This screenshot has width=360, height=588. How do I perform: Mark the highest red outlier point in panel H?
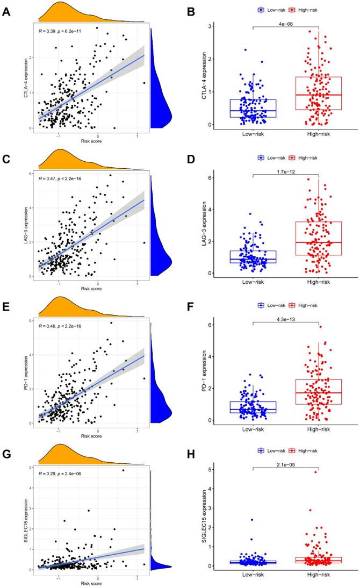316,472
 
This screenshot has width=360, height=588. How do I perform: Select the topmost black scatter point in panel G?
123,470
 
